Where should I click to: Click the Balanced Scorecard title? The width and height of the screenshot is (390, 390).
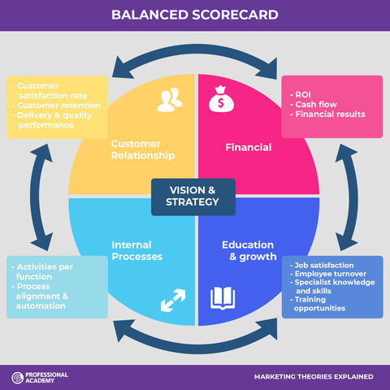194,15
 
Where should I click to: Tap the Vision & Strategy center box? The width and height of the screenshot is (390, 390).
193,196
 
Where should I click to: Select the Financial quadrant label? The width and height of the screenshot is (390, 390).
248,148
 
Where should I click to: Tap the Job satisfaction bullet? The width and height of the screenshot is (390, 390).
322,266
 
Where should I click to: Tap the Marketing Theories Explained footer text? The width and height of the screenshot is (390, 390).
313,377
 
